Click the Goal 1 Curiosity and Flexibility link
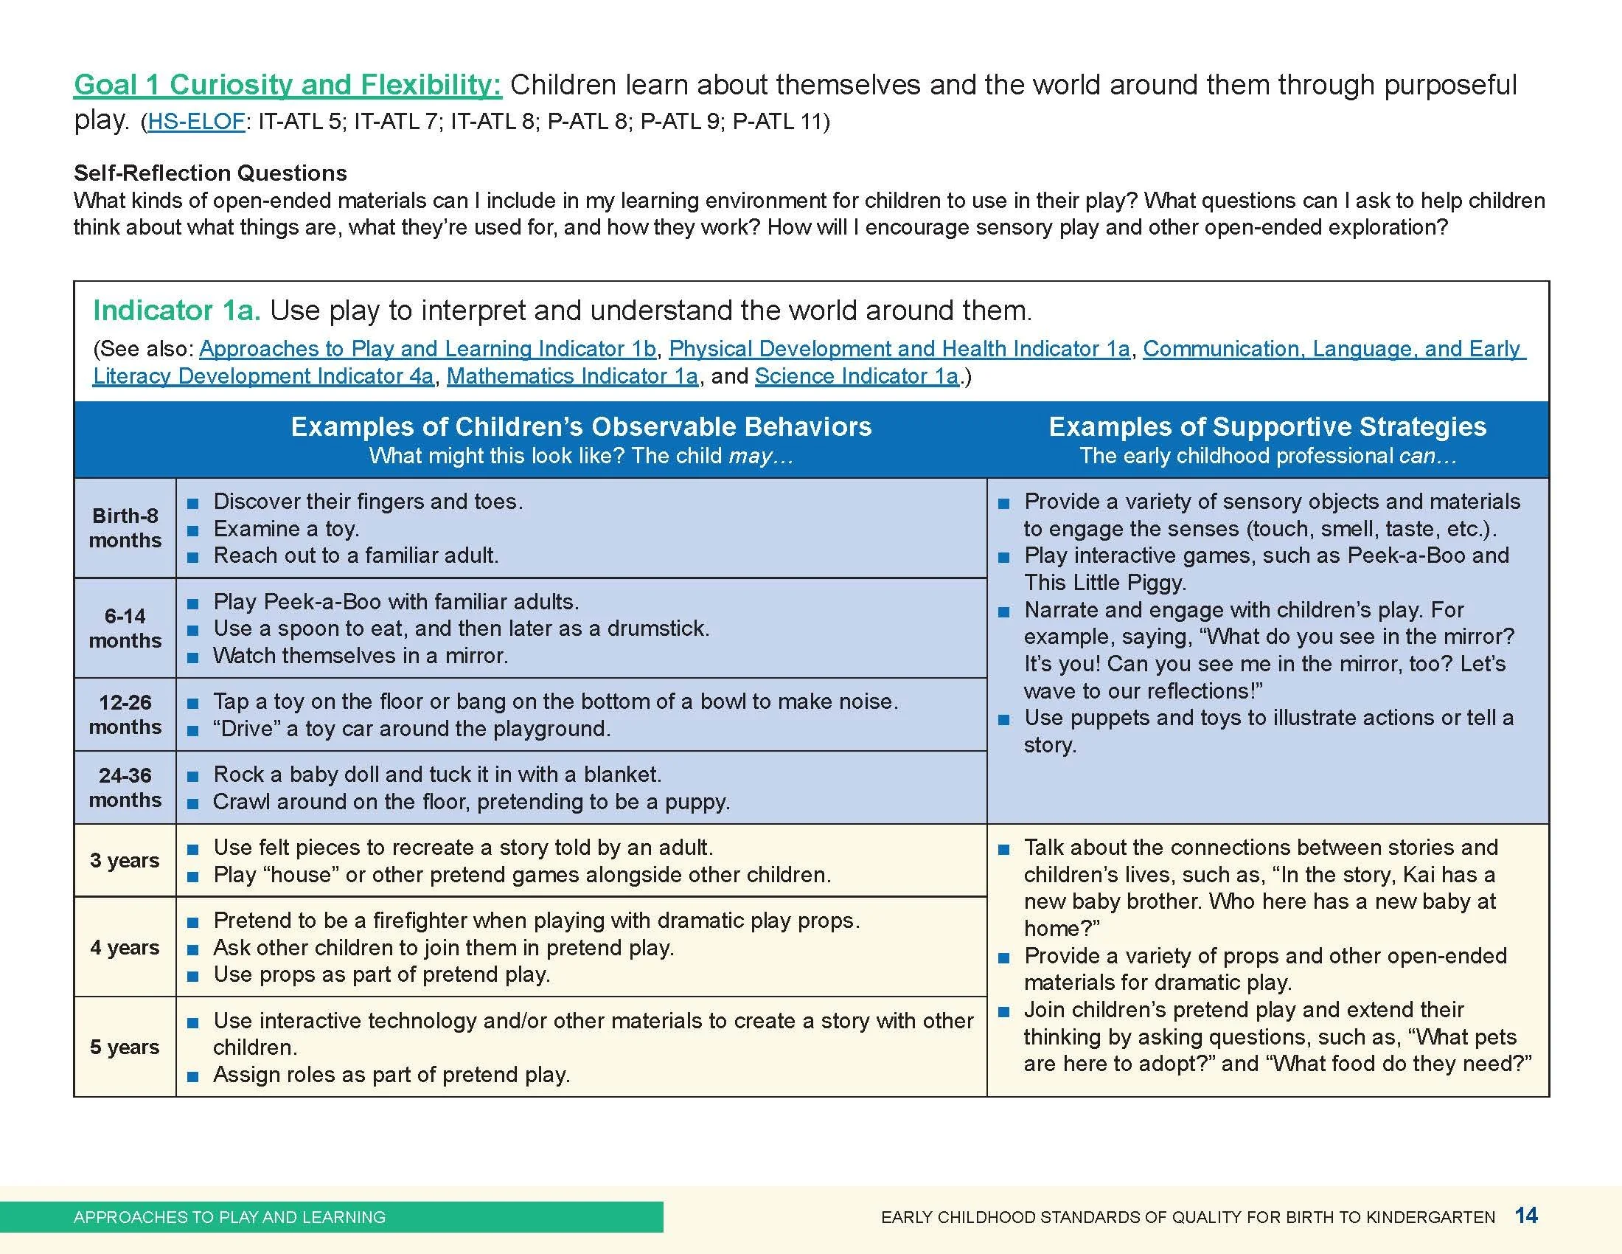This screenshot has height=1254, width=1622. coord(288,85)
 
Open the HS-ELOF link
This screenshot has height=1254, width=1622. coord(196,122)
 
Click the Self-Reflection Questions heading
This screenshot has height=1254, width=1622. coord(210,173)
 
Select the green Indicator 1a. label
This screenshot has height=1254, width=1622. coord(177,311)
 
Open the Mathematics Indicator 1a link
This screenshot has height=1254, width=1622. coord(572,377)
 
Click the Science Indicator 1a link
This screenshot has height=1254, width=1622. coord(856,377)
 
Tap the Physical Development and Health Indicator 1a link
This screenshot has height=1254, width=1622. coord(899,349)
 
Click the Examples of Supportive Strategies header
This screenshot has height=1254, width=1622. coord(1267,427)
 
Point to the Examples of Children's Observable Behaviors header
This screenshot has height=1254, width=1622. coord(581,427)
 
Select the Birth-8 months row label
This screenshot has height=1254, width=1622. coord(125,528)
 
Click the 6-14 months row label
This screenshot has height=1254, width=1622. coord(125,628)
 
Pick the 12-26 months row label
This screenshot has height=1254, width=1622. coord(125,715)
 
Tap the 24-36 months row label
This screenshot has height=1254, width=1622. coord(125,788)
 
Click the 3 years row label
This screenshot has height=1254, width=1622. coord(125,860)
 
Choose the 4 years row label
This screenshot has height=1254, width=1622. coord(125,947)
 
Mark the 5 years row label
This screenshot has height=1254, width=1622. coord(125,1047)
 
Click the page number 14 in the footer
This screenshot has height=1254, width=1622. coord(1526,1216)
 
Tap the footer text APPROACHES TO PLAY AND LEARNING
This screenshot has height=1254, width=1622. coord(229,1217)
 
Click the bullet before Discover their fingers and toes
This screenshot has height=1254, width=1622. coord(193,504)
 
